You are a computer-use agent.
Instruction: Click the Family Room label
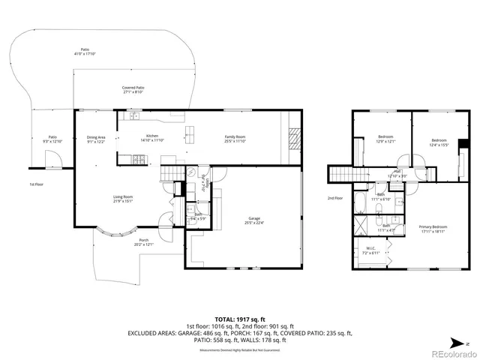[x=235, y=139]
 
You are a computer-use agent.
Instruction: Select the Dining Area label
[x=96, y=139]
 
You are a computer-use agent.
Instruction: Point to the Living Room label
[x=122, y=199]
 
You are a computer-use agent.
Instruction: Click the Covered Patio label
[x=133, y=90]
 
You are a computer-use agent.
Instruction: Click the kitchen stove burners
[x=139, y=158]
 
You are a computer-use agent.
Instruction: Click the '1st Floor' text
[x=37, y=184]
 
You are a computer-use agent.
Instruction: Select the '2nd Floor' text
[x=334, y=198]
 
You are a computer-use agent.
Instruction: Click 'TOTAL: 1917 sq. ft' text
[x=240, y=318]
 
